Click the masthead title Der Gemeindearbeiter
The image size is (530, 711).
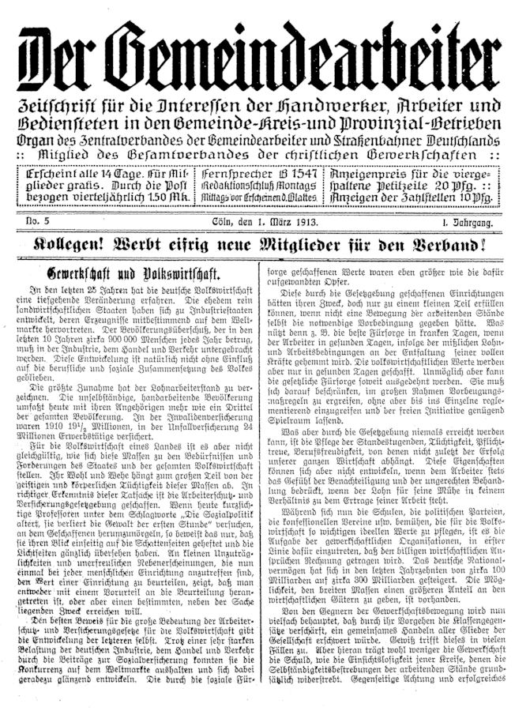264,56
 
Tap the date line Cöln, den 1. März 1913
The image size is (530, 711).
261,224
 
